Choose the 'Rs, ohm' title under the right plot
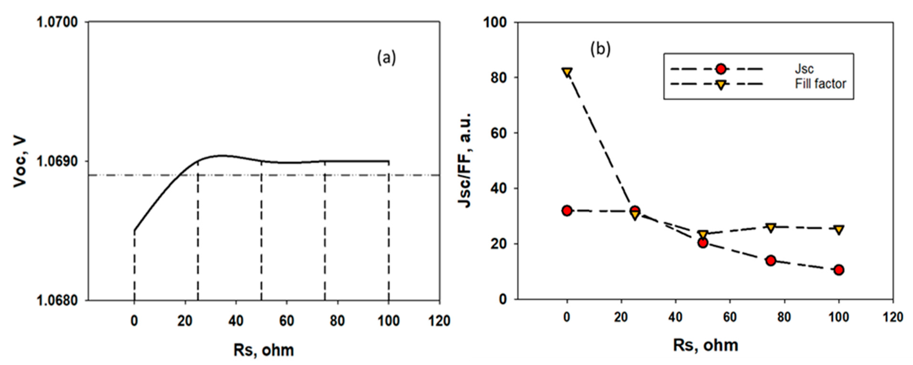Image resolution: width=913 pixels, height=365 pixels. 705,345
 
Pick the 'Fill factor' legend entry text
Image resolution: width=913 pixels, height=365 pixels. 820,84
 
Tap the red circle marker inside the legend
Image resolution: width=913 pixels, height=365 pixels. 720,69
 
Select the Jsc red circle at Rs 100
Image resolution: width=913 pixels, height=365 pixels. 839,270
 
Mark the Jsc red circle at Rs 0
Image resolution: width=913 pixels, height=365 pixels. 567,211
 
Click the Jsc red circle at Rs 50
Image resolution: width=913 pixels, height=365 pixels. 703,243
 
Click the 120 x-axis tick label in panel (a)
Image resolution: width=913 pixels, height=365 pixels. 440,321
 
